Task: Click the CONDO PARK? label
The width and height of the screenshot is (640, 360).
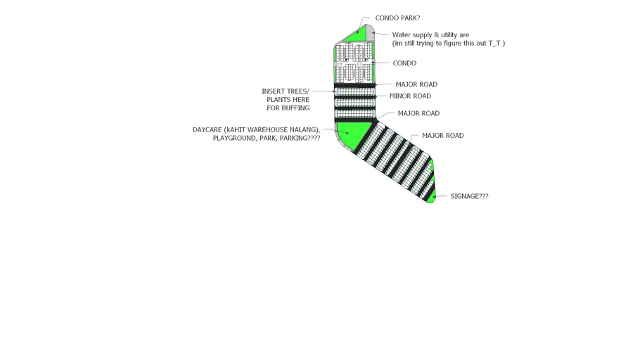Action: click(397, 18)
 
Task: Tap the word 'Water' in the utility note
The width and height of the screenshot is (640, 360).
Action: click(401, 35)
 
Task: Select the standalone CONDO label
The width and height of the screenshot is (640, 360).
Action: click(404, 63)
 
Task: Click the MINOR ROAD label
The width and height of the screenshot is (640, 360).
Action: click(410, 96)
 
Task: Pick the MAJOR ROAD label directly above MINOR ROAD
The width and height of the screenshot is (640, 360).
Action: click(416, 85)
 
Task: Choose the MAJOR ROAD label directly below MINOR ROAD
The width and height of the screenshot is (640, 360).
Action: click(418, 114)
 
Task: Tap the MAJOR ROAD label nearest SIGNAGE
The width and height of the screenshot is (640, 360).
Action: click(442, 136)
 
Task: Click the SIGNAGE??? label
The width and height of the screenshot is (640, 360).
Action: click(469, 197)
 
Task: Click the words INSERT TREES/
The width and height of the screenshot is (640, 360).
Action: click(285, 91)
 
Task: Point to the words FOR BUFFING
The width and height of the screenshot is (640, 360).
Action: click(288, 108)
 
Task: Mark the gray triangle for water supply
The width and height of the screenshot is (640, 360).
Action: click(369, 32)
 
